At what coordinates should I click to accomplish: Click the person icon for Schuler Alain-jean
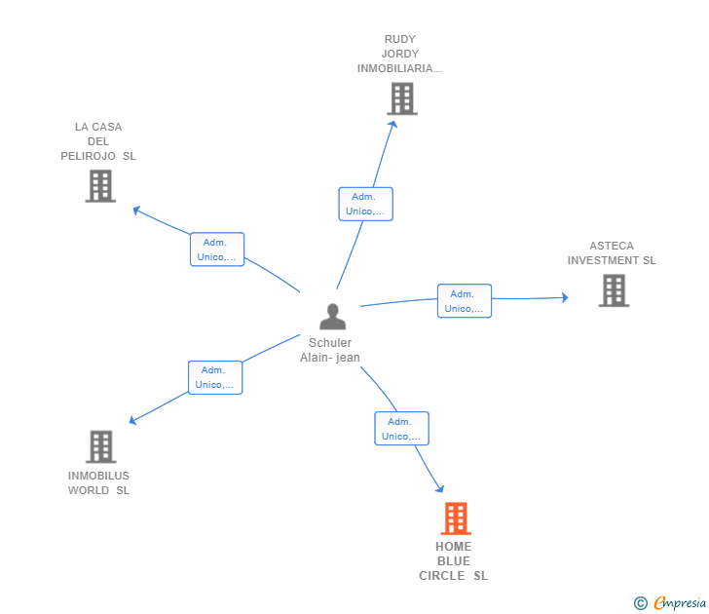(332, 317)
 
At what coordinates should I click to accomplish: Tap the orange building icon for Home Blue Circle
(455, 518)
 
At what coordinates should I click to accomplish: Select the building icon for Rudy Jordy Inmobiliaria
(401, 98)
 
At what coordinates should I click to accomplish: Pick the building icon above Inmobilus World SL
(100, 446)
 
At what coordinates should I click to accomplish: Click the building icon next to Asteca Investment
(613, 290)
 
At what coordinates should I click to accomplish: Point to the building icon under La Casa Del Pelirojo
(100, 185)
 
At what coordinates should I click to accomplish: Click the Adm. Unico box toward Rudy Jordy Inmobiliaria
(365, 204)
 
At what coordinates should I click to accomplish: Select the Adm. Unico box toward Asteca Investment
(464, 301)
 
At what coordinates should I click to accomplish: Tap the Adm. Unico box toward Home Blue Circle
(401, 429)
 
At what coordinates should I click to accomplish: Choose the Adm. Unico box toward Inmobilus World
(214, 377)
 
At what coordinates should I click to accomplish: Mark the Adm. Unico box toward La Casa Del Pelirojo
(216, 249)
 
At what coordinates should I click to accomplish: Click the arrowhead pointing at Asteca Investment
(564, 297)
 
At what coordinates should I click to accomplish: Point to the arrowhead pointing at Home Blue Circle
(440, 489)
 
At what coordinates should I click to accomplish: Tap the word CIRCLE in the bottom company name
(442, 576)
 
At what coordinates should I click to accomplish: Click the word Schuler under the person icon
(330, 343)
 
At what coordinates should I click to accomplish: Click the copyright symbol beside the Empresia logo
(640, 603)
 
